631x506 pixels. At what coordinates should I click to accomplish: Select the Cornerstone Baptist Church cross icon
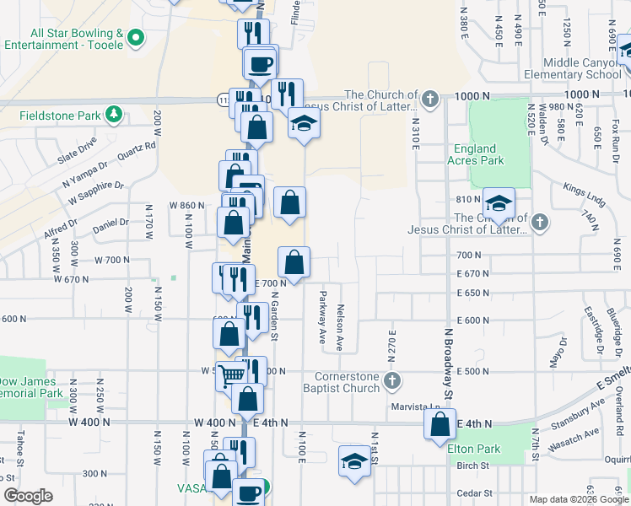click(x=391, y=382)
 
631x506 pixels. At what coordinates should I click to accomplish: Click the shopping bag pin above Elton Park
click(x=440, y=424)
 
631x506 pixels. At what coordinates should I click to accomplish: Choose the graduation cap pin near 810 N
click(x=499, y=204)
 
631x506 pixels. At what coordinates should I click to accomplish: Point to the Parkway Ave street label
click(x=322, y=317)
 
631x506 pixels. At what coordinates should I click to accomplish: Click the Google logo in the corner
click(x=28, y=496)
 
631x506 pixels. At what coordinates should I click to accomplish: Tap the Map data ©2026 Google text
click(x=579, y=499)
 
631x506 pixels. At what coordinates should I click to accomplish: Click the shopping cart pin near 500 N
click(x=229, y=374)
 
